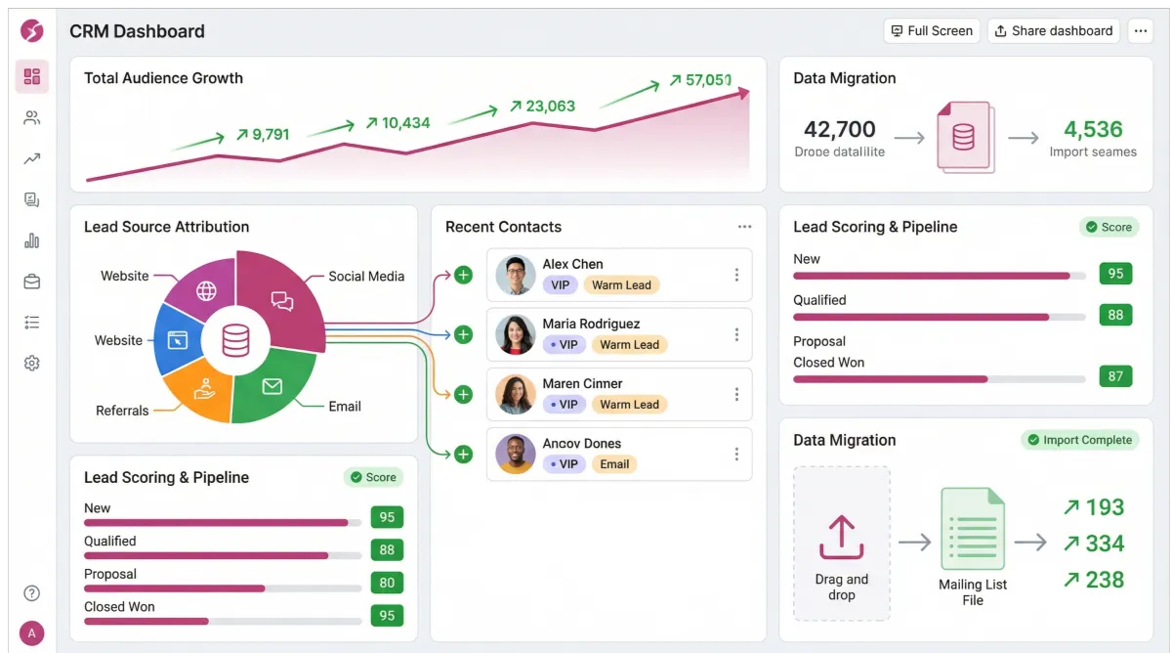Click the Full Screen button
(931, 31)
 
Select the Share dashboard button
(1053, 31)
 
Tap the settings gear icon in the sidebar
(31, 364)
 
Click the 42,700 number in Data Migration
(840, 129)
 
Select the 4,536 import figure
(1093, 129)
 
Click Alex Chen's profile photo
(515, 276)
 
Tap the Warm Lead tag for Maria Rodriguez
(629, 345)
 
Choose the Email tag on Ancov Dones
(614, 464)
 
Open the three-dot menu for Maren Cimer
(736, 395)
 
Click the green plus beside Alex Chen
(464, 276)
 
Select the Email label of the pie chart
(345, 407)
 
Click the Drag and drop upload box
(841, 543)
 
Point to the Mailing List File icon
(972, 529)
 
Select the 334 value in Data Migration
(1105, 544)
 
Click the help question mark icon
(31, 593)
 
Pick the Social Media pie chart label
(366, 277)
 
